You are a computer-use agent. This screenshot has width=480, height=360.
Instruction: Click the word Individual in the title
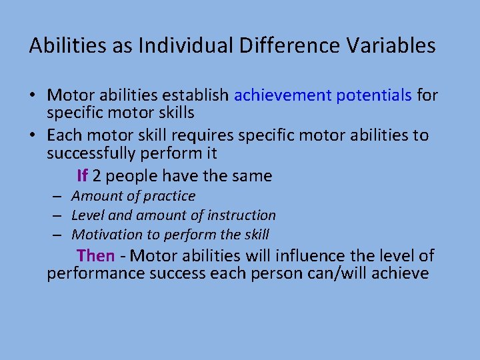(x=177, y=45)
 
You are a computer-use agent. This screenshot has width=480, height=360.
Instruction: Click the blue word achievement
(x=283, y=95)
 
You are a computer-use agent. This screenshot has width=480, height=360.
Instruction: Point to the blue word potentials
(x=374, y=95)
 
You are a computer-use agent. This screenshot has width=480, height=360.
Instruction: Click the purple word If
(x=82, y=176)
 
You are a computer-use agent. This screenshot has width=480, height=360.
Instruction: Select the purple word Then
(x=95, y=255)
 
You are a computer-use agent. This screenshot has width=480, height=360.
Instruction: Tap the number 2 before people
(x=97, y=176)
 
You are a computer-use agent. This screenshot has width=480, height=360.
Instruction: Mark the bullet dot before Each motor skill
(x=34, y=135)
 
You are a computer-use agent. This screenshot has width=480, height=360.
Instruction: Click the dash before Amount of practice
(x=59, y=197)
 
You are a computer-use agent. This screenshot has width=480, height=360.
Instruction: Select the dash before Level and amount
(x=59, y=216)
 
